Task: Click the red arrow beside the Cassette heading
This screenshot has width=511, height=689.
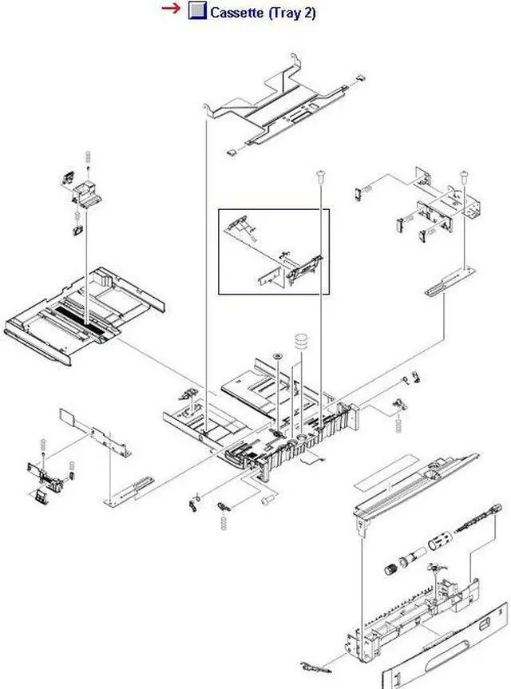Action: click(x=171, y=9)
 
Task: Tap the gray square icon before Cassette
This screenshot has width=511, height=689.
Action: click(x=196, y=11)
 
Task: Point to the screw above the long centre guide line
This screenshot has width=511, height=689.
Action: click(x=320, y=172)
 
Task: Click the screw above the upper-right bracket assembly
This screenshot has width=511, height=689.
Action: click(x=463, y=173)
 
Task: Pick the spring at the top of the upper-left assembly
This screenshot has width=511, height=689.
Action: click(x=89, y=155)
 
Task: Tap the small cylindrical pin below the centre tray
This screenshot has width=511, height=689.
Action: click(x=267, y=498)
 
